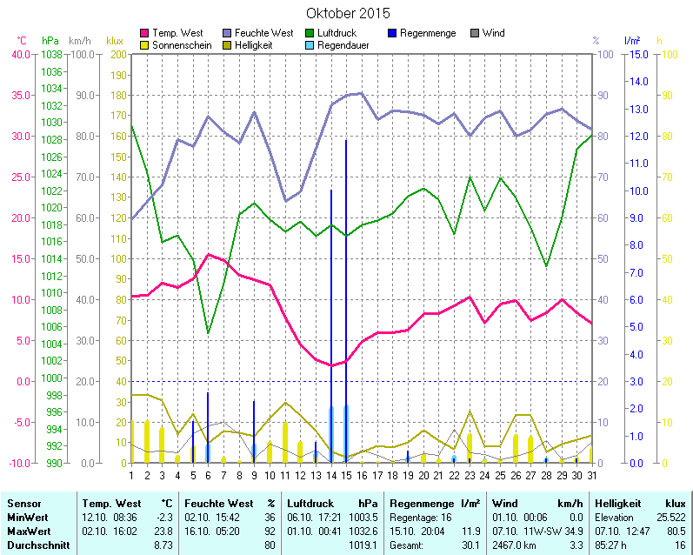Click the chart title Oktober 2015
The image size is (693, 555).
coord(348,14)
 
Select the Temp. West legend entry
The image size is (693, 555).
coord(177,33)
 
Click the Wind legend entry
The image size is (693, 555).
coord(492,33)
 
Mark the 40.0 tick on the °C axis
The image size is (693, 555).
coord(20,54)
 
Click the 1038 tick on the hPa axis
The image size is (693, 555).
coord(51,54)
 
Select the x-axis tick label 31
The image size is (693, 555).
coord(591,474)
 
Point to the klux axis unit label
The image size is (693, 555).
coord(114,41)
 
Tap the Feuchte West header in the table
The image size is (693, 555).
coord(219,503)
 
